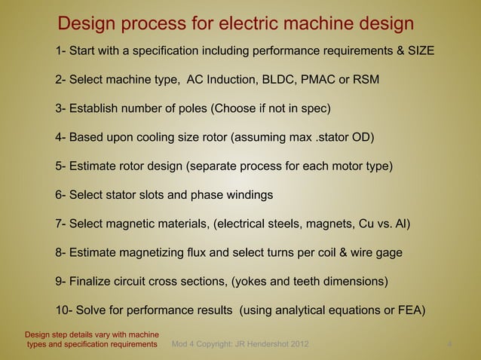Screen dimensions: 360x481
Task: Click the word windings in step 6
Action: [x=249, y=195]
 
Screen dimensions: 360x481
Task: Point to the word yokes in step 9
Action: [x=253, y=282]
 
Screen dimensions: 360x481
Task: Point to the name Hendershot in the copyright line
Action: [x=256, y=345]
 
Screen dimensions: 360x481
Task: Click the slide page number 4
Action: [x=449, y=345]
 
